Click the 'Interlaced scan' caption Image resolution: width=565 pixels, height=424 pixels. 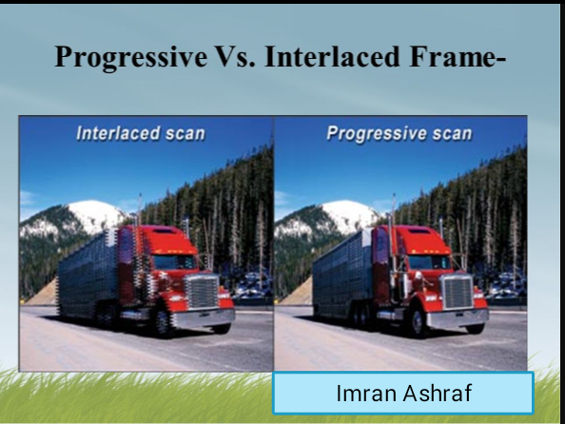tap(140, 133)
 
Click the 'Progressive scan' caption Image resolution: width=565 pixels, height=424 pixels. tap(399, 133)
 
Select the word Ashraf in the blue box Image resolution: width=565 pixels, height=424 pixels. tap(437, 393)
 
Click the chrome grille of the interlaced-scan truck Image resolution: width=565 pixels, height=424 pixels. tap(202, 292)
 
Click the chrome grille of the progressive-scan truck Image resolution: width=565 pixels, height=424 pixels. tap(458, 292)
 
